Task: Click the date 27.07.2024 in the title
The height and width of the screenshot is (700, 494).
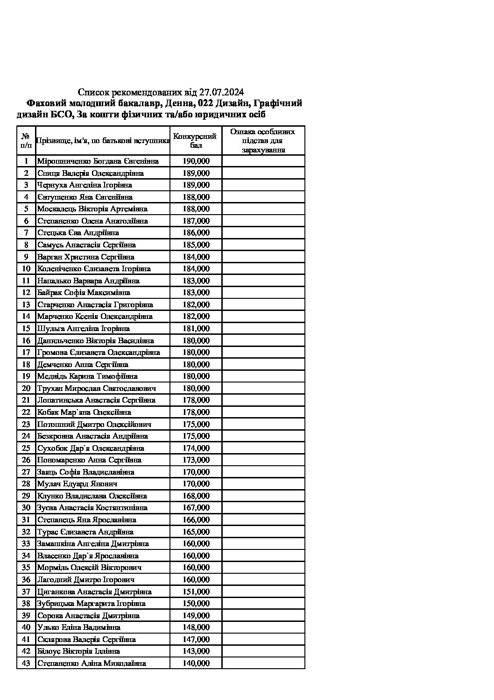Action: point(221,92)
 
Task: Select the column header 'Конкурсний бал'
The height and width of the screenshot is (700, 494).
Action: point(195,141)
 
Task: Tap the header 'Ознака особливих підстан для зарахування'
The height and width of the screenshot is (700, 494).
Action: point(263,141)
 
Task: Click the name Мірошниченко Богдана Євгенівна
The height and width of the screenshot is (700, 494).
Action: point(98,161)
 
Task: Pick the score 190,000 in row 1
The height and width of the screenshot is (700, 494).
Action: point(196,161)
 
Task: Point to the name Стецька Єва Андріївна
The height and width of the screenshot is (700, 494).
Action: point(78,233)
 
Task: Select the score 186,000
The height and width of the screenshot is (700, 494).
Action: point(196,233)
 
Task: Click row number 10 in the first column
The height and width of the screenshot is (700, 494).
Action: point(26,269)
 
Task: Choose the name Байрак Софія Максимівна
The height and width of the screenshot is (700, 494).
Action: point(84,293)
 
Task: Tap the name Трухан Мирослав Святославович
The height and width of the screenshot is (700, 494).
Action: point(97,389)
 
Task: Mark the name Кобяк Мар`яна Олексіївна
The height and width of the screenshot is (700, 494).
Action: point(84,412)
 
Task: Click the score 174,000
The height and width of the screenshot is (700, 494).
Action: point(196,448)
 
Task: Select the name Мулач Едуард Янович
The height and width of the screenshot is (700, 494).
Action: point(77,484)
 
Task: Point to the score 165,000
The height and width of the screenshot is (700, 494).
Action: point(196,532)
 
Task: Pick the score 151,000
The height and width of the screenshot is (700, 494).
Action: point(196,592)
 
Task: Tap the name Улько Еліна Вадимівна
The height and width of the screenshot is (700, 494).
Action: point(79,628)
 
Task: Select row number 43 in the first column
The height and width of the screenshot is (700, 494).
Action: point(26,664)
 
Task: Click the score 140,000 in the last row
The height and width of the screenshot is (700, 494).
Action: point(196,664)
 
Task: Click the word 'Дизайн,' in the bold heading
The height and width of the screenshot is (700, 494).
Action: point(236,103)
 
